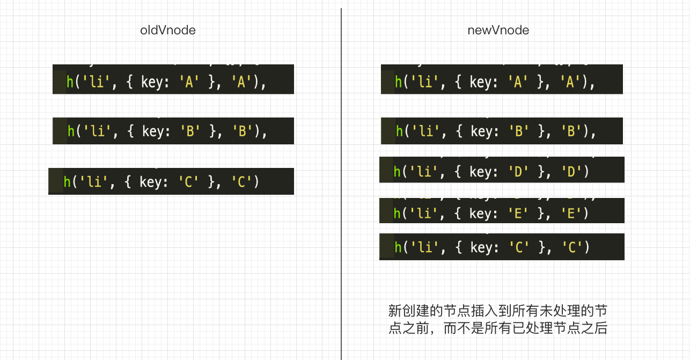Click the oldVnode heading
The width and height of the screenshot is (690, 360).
pos(168,30)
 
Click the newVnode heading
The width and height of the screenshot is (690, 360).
pos(498,30)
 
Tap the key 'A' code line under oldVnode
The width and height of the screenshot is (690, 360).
pos(173,82)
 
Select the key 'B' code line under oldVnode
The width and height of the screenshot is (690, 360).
pos(173,131)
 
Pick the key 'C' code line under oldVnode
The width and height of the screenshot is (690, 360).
pos(171,182)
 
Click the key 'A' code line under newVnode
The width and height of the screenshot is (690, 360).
pos(502,82)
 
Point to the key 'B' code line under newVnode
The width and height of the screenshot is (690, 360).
pos(502,131)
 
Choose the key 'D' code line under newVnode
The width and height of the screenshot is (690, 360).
pos(502,172)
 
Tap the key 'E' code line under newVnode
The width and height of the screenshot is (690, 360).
pos(502,213)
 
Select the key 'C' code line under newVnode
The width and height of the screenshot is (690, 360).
pos(502,247)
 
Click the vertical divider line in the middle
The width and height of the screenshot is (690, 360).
pos(341,182)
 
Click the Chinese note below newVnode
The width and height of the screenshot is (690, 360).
pos(498,319)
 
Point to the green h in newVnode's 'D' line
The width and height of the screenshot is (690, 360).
pos(397,172)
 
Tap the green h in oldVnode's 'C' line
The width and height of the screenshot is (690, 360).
pos(67,182)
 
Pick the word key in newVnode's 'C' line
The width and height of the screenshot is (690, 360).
pos(481,247)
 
